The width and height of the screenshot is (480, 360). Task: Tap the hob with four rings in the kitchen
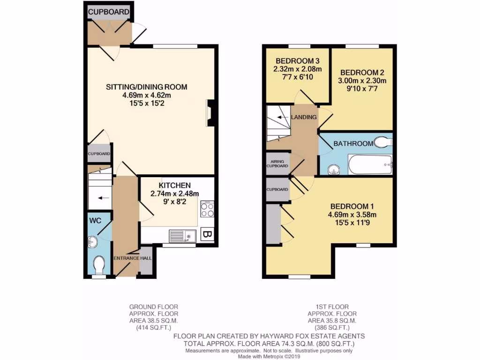tap(207, 209)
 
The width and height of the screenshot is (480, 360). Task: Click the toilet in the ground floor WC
tap(99, 265)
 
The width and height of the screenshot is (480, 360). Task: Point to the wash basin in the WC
tap(92, 241)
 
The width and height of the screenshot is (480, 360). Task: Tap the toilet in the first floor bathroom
tap(384, 142)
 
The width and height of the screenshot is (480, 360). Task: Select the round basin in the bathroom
tap(333, 169)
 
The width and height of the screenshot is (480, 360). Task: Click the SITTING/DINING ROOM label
tap(147, 87)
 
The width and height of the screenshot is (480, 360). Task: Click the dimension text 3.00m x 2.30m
tap(363, 81)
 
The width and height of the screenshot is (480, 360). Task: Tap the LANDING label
tap(304, 117)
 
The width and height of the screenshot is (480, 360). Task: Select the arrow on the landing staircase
tap(281, 117)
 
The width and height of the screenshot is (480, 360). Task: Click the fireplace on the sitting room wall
tap(210, 113)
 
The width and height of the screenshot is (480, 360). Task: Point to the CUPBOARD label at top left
tap(108, 12)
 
